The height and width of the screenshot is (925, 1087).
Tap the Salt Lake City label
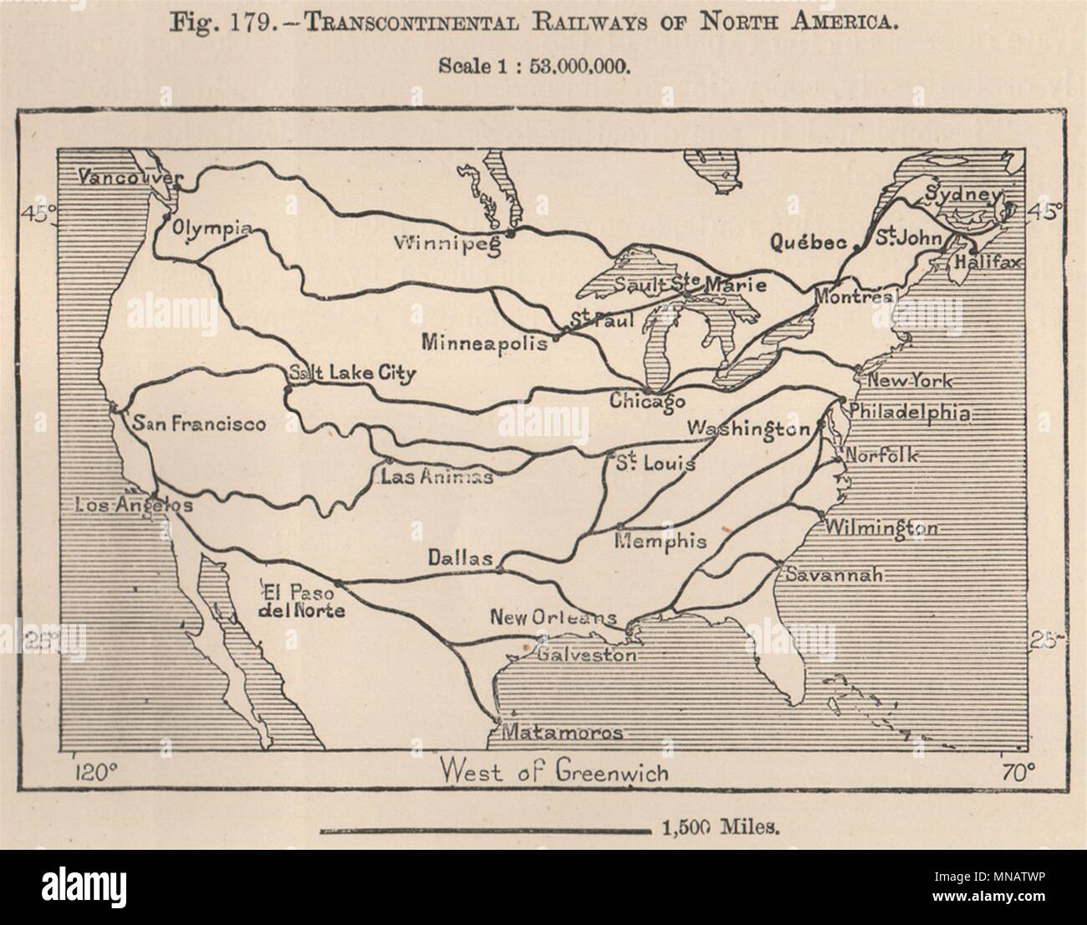(351, 374)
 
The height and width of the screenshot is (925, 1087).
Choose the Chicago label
(646, 401)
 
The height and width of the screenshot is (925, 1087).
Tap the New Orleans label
(553, 619)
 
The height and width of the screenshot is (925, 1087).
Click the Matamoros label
(562, 734)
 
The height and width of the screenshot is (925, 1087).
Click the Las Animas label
(436, 477)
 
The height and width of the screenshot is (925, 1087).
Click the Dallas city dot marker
(499, 571)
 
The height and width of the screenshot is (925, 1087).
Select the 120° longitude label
(92, 770)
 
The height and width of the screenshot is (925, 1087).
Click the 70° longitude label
(1017, 770)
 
